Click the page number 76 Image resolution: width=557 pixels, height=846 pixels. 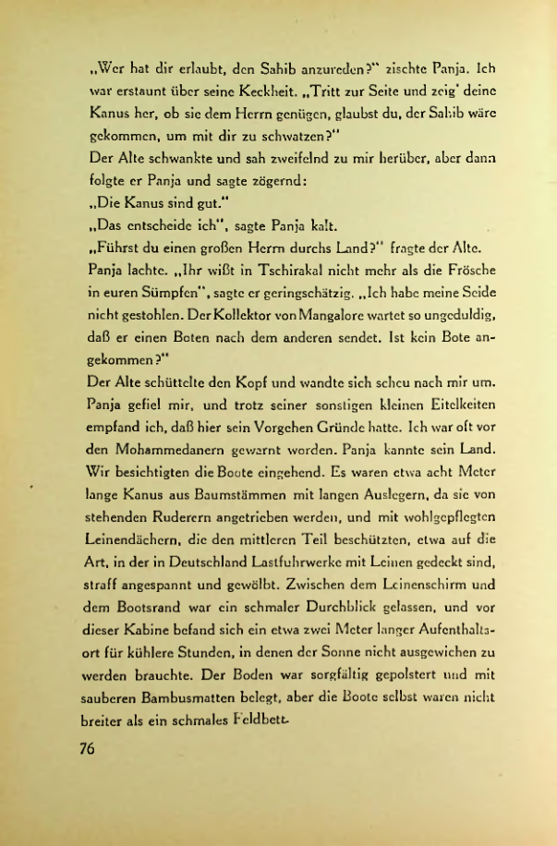point(87,750)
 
